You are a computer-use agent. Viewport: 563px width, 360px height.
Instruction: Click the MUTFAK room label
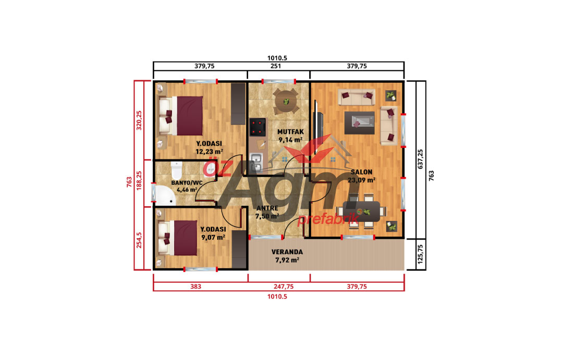(x=290, y=132)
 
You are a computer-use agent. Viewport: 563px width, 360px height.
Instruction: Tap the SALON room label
(x=361, y=172)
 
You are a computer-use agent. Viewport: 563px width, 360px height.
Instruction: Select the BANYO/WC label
(x=187, y=183)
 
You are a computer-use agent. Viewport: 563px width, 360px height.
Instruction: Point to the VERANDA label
(x=287, y=252)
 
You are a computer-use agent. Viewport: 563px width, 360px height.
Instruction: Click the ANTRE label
(x=267, y=208)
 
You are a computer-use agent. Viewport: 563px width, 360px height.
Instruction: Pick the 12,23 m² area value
(x=209, y=152)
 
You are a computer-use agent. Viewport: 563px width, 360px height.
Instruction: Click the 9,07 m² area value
(x=213, y=237)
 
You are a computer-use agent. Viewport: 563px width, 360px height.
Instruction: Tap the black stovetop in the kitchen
(x=258, y=127)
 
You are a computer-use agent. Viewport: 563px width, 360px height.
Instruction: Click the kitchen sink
(x=255, y=162)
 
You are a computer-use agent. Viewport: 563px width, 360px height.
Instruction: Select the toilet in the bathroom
(x=176, y=170)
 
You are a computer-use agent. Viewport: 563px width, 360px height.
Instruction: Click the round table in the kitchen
(x=286, y=102)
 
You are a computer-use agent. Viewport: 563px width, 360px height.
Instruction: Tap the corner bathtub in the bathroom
(x=164, y=195)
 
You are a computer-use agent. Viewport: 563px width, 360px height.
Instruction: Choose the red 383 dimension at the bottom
(x=195, y=287)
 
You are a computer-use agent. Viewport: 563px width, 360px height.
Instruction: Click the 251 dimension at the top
(x=276, y=66)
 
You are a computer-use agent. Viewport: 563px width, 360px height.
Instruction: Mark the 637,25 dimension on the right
(x=421, y=159)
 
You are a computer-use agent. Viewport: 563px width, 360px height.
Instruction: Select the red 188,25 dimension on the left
(x=139, y=180)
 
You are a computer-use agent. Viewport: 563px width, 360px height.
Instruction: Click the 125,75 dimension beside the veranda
(x=421, y=254)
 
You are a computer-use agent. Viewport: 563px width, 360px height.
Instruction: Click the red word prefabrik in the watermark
(x=328, y=219)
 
